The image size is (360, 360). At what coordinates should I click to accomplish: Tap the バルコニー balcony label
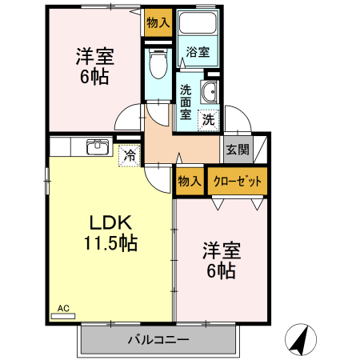pyautogui.click(x=158, y=340)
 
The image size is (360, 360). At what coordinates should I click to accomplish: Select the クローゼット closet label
pyautogui.click(x=238, y=182)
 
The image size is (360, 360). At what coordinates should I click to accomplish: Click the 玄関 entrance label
pyautogui.click(x=236, y=149)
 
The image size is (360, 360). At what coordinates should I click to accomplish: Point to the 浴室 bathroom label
pyautogui.click(x=198, y=53)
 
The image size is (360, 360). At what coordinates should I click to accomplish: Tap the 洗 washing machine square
pyautogui.click(x=208, y=120)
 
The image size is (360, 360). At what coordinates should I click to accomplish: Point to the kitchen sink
pyautogui.click(x=98, y=146)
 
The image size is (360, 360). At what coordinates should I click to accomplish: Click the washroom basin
pyautogui.click(x=210, y=91)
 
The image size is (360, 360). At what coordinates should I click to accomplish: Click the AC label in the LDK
pyautogui.click(x=63, y=306)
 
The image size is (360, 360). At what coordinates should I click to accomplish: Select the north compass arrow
pyautogui.click(x=299, y=339)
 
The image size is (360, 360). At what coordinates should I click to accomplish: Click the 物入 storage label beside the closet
pyautogui.click(x=189, y=182)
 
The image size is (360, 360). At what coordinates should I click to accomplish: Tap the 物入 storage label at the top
pyautogui.click(x=158, y=22)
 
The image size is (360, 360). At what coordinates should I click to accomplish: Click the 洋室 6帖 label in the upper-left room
pyautogui.click(x=94, y=67)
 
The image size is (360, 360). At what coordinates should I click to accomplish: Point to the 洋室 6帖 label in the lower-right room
pyautogui.click(x=220, y=261)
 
